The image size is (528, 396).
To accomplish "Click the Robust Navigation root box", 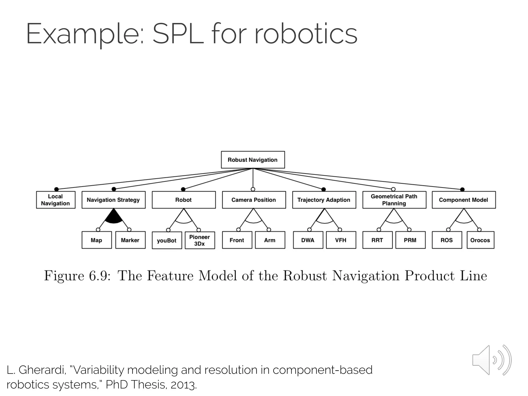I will click(253, 160).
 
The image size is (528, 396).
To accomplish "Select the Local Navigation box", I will click(56, 200).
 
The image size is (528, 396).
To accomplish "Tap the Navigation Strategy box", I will click(113, 200).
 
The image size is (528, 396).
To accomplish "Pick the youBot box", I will click(167, 240).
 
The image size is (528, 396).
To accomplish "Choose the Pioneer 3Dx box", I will click(200, 240).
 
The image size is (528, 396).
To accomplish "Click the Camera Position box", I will click(254, 200).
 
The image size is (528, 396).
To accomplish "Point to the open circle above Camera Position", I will click(253, 189).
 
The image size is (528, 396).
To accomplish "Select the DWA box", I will click(308, 240).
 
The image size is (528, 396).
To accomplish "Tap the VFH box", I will click(341, 240).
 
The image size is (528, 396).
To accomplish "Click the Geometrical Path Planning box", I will click(394, 200).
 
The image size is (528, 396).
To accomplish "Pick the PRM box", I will click(410, 240).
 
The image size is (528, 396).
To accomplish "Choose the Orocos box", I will click(480, 240).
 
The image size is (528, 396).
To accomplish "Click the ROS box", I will click(447, 240).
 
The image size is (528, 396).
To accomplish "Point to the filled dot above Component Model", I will click(462, 189).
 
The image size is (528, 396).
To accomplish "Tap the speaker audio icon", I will click(491, 360).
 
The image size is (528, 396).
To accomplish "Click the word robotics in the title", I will click(306, 34).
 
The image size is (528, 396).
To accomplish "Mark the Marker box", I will click(130, 240).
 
